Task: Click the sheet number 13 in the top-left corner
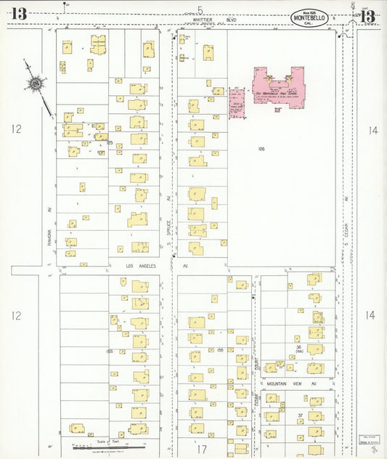[19, 13]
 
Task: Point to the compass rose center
[35, 85]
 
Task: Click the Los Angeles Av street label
[142, 266]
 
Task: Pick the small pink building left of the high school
[236, 102]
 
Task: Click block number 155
[109, 351]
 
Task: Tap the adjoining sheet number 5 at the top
[200, 9]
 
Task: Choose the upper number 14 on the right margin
[372, 131]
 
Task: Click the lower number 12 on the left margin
[16, 315]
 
